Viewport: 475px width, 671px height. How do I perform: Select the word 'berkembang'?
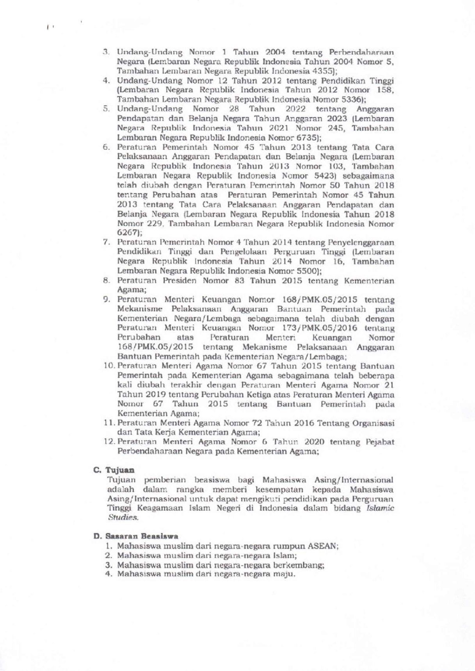pos(301,565)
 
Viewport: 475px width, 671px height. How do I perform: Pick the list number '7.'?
pos(107,242)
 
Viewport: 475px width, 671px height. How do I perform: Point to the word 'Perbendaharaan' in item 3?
pos(361,52)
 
